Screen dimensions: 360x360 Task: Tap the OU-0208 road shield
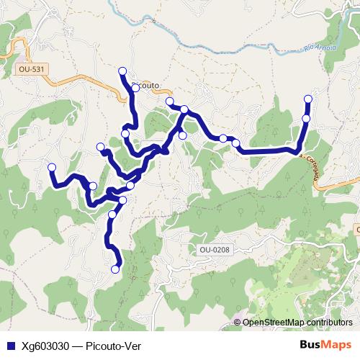[x=214, y=249]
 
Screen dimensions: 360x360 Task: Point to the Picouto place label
[x=146, y=84]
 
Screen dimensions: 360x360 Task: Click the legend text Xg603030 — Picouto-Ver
[x=81, y=345]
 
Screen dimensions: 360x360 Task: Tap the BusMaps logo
[x=326, y=344]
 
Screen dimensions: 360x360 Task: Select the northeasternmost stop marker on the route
[x=309, y=99]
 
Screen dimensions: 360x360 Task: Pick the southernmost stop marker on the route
[x=116, y=269]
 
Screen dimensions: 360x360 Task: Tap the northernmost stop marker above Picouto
[x=122, y=71]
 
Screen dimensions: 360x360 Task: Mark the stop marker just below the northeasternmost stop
[x=306, y=119]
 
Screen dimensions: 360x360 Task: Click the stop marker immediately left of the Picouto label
[x=135, y=88]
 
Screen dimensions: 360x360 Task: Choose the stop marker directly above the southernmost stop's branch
[x=112, y=215]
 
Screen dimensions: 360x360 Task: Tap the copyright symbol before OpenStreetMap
[x=238, y=323]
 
